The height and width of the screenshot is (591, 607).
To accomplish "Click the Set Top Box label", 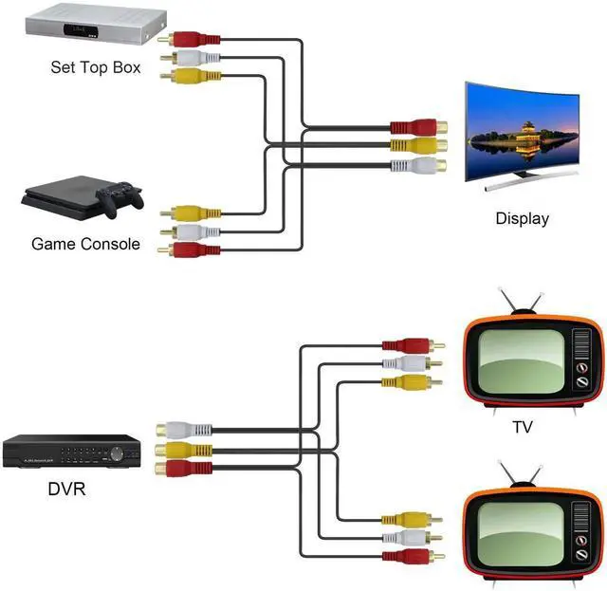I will click(x=96, y=67).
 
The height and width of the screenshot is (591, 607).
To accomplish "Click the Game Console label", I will click(x=85, y=244).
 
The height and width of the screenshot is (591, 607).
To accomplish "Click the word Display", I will click(x=522, y=219).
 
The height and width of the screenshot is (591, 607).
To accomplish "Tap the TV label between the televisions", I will click(x=523, y=428).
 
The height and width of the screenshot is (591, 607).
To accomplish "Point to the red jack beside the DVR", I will click(x=180, y=468).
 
